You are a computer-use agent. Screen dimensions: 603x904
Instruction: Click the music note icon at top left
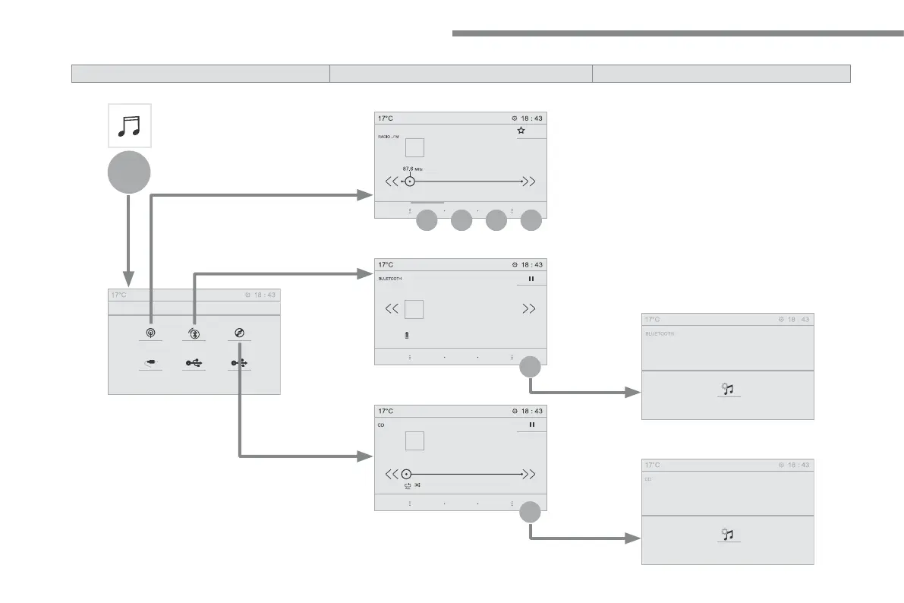coord(129,125)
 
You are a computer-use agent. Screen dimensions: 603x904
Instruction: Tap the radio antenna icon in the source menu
coord(150,333)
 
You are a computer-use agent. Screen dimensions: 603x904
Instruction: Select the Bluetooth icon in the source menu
coord(194,333)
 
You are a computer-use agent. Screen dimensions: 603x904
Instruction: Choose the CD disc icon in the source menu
coord(238,333)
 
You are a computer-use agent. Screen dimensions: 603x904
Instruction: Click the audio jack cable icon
coord(150,363)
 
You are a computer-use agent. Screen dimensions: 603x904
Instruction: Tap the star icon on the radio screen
coord(521,131)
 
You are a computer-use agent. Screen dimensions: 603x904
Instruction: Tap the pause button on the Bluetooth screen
coord(531,279)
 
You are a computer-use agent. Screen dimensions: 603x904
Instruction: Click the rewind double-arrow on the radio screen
coord(392,182)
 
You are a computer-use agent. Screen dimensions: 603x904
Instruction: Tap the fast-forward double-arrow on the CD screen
coord(531,474)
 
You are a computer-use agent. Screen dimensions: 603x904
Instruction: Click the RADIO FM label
coord(389,137)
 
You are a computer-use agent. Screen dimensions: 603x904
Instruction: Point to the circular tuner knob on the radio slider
coord(410,182)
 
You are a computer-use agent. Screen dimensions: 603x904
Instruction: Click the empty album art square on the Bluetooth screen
coord(414,309)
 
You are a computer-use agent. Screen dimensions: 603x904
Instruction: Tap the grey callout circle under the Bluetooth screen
coord(531,368)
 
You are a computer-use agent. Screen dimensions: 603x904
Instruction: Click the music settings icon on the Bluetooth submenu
coord(728,389)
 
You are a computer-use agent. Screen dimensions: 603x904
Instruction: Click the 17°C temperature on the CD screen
coord(386,411)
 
